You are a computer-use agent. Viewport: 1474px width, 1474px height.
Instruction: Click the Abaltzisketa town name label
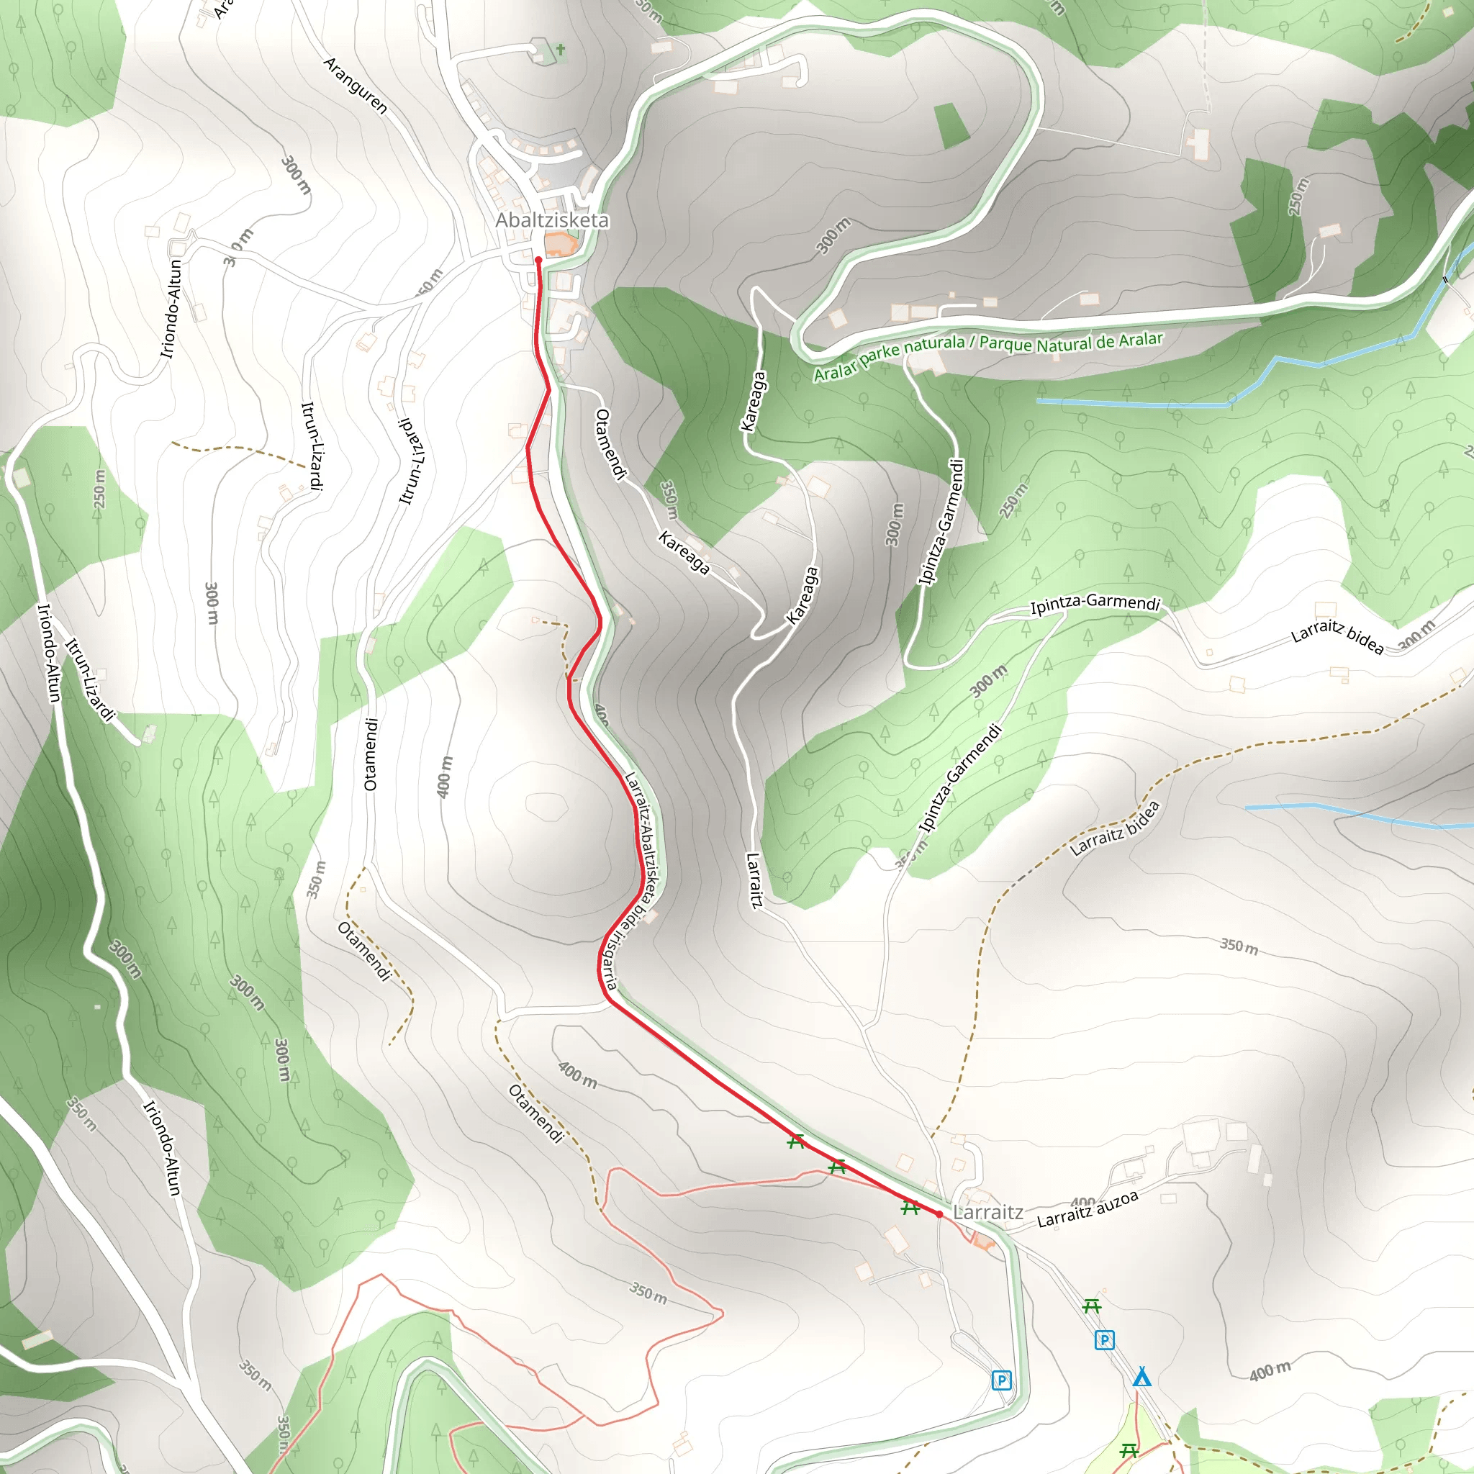tap(552, 220)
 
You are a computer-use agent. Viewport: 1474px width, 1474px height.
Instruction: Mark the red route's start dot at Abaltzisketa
tap(538, 260)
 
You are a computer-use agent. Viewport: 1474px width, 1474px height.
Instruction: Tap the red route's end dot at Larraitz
tap(939, 1215)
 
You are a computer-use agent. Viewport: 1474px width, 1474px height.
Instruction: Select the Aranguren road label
tap(356, 86)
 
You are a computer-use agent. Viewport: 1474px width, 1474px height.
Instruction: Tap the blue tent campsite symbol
tap(1141, 1377)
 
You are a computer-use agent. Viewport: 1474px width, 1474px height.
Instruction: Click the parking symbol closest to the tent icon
tap(1104, 1339)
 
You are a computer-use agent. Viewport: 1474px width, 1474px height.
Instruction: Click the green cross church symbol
tap(561, 50)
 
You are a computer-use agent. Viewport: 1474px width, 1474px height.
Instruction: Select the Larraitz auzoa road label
tap(1088, 1209)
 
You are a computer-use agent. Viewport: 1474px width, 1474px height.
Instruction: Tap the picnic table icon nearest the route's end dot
tap(910, 1208)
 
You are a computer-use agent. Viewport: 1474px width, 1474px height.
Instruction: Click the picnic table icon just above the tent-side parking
tap(1092, 1306)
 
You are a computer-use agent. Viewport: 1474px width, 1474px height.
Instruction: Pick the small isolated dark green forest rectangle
tap(951, 125)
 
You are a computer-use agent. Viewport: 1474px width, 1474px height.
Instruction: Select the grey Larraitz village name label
tap(988, 1212)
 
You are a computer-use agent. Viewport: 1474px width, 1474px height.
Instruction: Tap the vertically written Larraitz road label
tap(754, 880)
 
